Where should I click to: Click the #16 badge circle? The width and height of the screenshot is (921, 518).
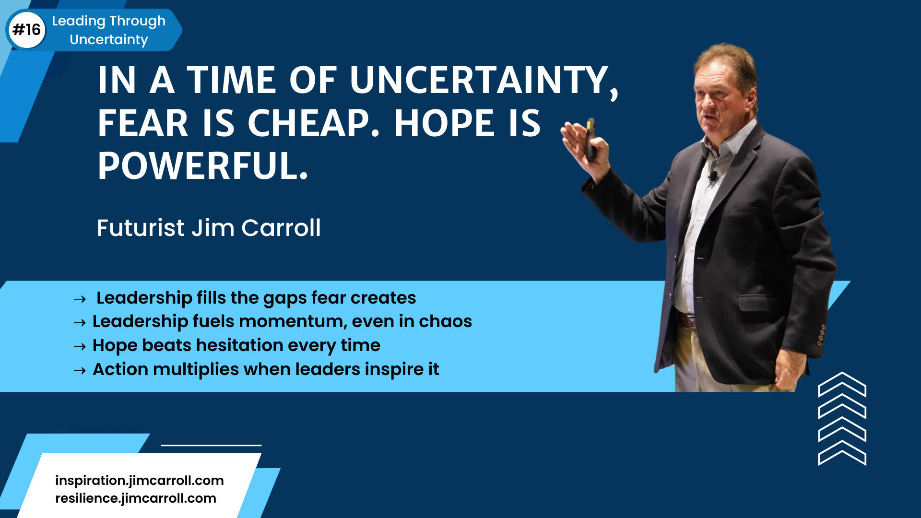pyautogui.click(x=27, y=30)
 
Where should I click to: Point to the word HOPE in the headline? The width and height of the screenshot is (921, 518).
pyautogui.click(x=444, y=123)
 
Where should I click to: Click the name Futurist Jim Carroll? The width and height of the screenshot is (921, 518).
pyautogui.click(x=209, y=228)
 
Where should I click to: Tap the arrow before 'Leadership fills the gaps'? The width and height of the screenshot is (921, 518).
pyautogui.click(x=80, y=299)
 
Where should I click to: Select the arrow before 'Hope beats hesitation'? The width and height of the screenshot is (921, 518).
pyautogui.click(x=80, y=346)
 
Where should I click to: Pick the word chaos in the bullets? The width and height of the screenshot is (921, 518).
pyautogui.click(x=445, y=321)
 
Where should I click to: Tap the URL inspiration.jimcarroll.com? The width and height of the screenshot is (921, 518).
pyautogui.click(x=140, y=480)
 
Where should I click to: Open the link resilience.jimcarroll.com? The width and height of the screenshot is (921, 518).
pyautogui.click(x=136, y=498)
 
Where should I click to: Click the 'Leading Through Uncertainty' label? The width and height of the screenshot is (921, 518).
pyautogui.click(x=109, y=30)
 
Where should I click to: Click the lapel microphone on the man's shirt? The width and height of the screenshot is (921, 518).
pyautogui.click(x=713, y=176)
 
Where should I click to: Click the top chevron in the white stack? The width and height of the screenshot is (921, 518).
pyautogui.click(x=842, y=384)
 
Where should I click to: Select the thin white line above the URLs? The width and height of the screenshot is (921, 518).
pyautogui.click(x=211, y=445)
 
